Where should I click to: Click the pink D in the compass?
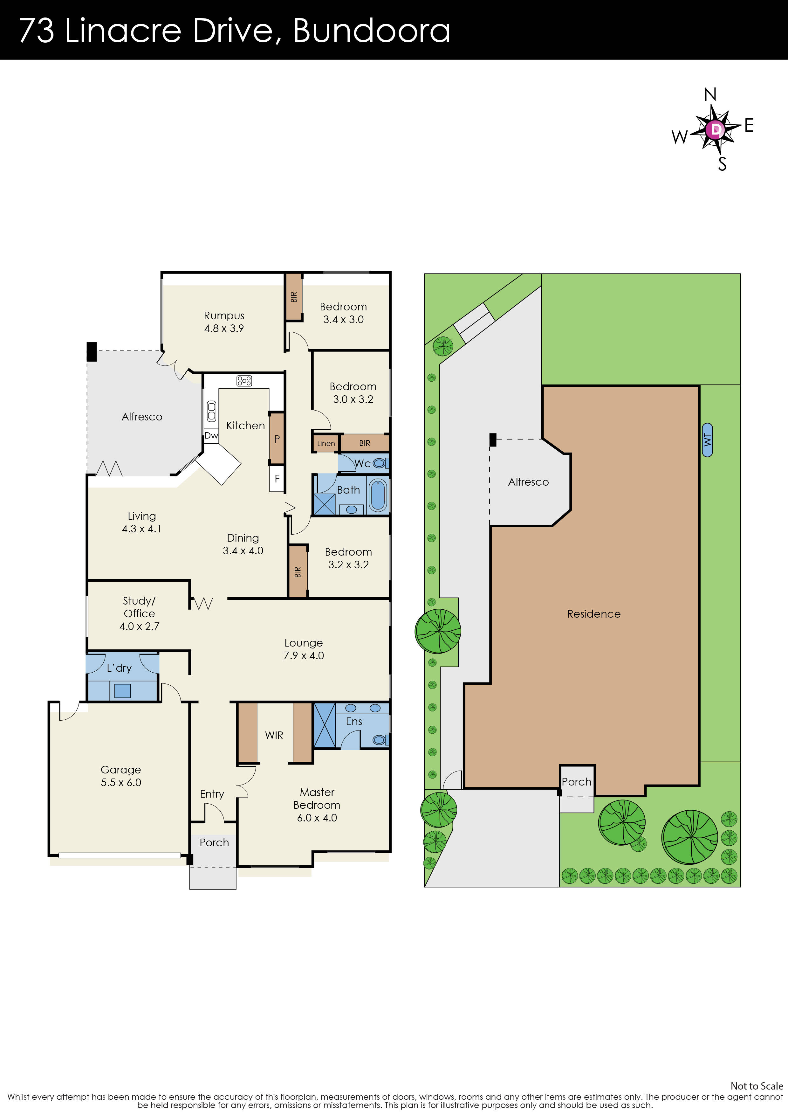pyautogui.click(x=716, y=129)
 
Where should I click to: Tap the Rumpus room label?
pyautogui.click(x=224, y=322)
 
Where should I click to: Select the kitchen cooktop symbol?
pyautogui.click(x=244, y=381)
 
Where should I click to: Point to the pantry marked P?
pyautogui.click(x=277, y=439)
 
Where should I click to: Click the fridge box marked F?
pyautogui.click(x=277, y=479)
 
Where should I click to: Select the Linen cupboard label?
pyautogui.click(x=326, y=443)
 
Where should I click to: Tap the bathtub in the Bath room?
pyautogui.click(x=378, y=495)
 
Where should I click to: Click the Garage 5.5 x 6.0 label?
pyautogui.click(x=121, y=776)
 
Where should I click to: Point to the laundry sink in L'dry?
pyautogui.click(x=122, y=690)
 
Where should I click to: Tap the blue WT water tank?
pyautogui.click(x=707, y=440)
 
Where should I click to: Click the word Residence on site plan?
pyautogui.click(x=593, y=614)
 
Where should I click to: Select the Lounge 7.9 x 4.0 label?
pyautogui.click(x=304, y=649)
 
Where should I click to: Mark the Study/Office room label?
pyautogui.click(x=139, y=613)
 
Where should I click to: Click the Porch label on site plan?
pyautogui.click(x=576, y=782)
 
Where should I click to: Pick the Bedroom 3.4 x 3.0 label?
pyautogui.click(x=343, y=313)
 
